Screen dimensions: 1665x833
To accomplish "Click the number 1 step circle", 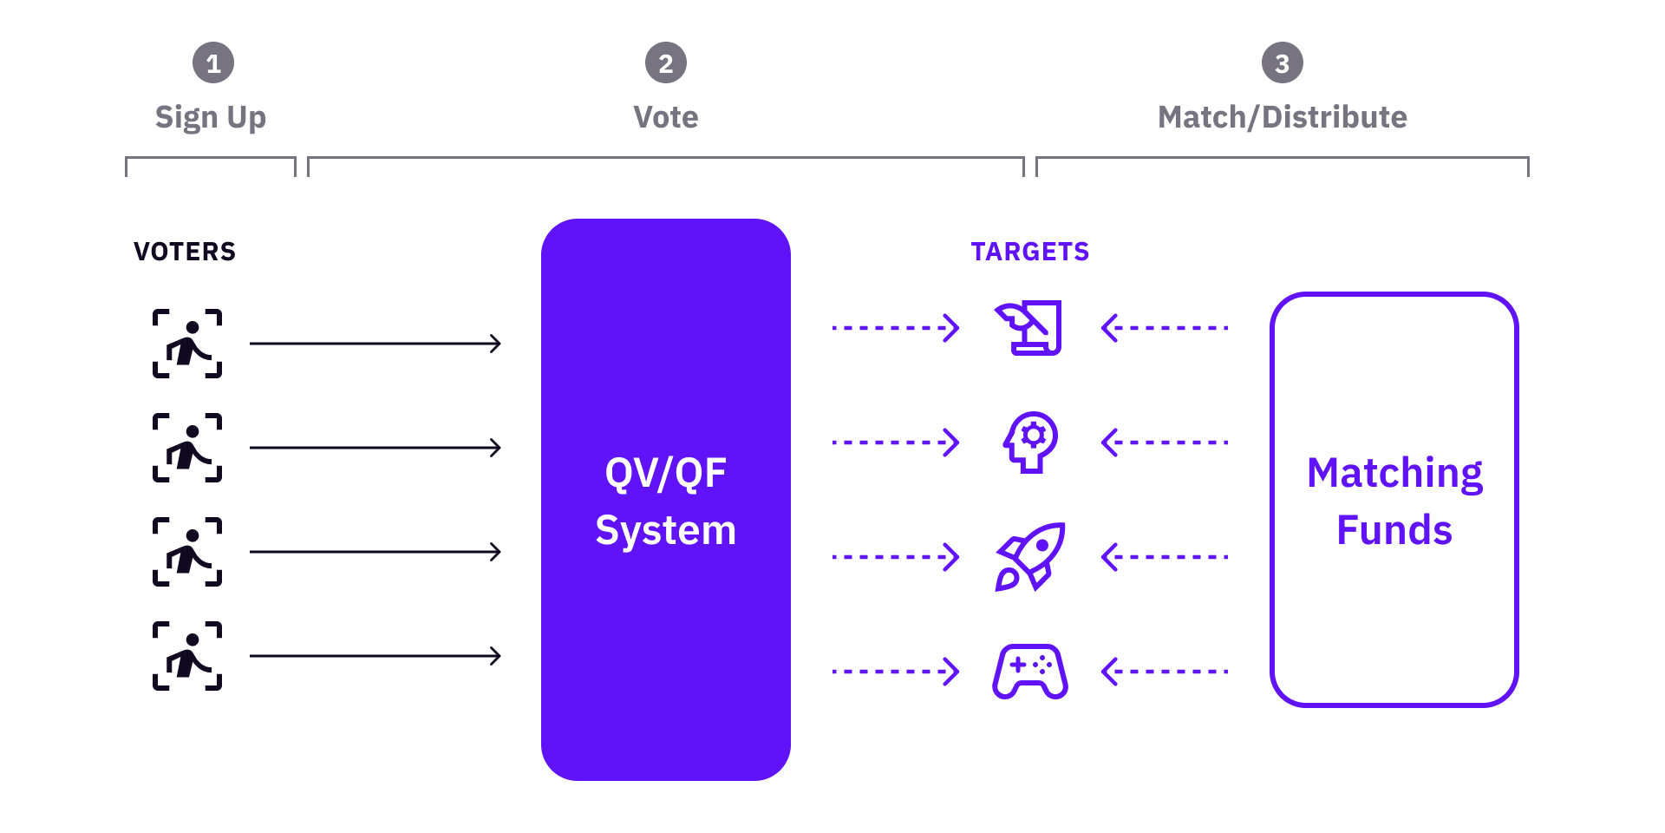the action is coord(213,62).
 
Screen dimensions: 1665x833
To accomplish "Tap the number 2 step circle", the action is coord(666,62).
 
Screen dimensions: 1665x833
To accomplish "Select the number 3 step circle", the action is coord(1283,62).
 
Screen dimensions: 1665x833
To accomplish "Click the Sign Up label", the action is coord(211,117).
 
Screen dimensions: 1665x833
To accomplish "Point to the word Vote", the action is coord(666,117).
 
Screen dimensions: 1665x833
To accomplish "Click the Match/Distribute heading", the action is coord(1283,117).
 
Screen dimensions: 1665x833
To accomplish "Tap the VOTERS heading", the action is coord(185,252).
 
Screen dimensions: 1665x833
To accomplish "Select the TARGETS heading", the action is coord(1030,252).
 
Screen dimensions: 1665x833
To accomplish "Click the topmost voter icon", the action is coord(187,344).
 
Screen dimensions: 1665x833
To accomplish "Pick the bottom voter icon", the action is coord(187,656).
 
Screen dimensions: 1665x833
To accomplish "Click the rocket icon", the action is coord(1030,557).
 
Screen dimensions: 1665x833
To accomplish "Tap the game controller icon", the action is coord(1030,672).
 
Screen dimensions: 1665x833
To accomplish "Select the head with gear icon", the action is coord(1030,443).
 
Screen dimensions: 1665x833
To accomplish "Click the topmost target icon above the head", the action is coord(1029,328).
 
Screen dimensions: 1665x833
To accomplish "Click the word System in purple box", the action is coord(666,531).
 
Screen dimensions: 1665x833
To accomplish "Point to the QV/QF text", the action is coord(666,474).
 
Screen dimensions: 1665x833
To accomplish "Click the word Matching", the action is coord(1394,474).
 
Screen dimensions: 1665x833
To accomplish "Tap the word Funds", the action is coord(1394,530).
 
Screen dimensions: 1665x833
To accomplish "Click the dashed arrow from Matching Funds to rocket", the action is coord(1165,557).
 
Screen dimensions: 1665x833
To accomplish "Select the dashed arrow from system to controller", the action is coord(896,672).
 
